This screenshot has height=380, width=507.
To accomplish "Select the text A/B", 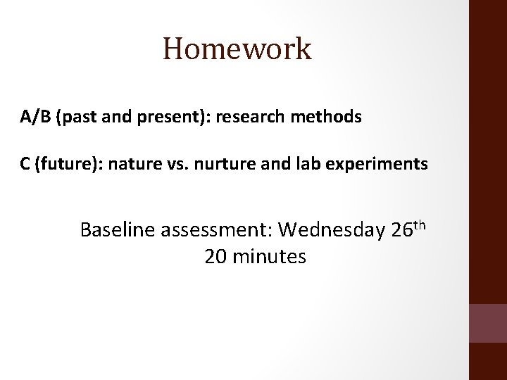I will (x=32, y=118).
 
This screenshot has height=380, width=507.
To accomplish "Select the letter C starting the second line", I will (x=25, y=165).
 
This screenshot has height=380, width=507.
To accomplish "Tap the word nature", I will (x=121, y=165).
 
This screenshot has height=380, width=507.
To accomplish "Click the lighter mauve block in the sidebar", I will (x=488, y=322).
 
